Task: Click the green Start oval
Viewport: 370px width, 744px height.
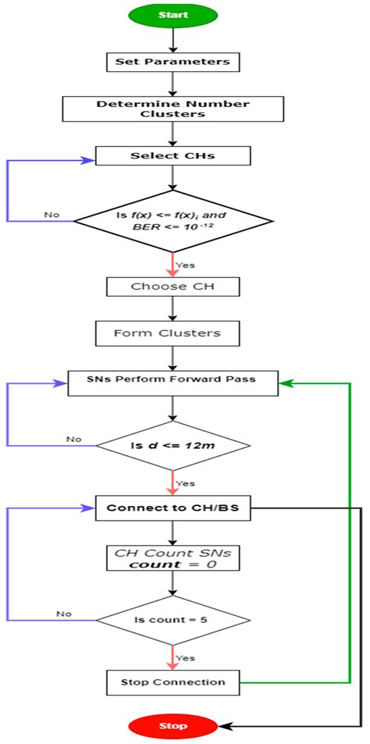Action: click(x=173, y=16)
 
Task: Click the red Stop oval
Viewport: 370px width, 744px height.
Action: click(x=173, y=725)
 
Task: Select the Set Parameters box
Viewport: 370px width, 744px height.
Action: click(x=173, y=61)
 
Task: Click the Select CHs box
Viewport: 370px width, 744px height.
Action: click(x=173, y=155)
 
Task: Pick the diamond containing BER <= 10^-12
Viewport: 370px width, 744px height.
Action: click(x=173, y=221)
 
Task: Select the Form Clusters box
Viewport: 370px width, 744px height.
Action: click(x=173, y=333)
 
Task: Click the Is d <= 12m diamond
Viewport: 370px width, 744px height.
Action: click(x=173, y=446)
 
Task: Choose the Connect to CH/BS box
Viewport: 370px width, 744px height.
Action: click(x=173, y=508)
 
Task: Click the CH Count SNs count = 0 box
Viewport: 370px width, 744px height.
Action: click(x=173, y=557)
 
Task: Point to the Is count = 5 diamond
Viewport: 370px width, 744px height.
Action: click(x=173, y=621)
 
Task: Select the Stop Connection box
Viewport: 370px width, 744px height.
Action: click(x=173, y=682)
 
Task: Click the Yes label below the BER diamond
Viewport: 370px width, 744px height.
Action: click(x=186, y=265)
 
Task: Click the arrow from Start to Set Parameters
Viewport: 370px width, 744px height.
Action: click(x=173, y=39)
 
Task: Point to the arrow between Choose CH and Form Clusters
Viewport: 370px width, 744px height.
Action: click(x=173, y=309)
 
